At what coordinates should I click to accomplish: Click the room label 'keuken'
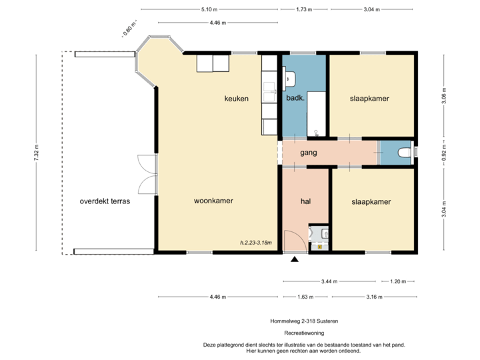click(236, 99)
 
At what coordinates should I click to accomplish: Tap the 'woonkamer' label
click(213, 201)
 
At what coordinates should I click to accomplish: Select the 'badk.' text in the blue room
click(295, 99)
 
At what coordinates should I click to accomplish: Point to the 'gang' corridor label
click(308, 153)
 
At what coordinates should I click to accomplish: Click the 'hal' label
click(306, 201)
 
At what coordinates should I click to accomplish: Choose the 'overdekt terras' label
click(105, 201)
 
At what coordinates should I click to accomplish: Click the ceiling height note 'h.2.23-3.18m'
click(257, 243)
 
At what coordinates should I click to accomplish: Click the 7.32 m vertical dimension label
click(37, 153)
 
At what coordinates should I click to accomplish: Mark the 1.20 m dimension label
click(397, 281)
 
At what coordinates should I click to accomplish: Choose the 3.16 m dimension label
click(372, 297)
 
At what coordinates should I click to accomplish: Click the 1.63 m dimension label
click(303, 297)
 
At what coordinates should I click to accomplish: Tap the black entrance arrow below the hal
click(295, 257)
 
